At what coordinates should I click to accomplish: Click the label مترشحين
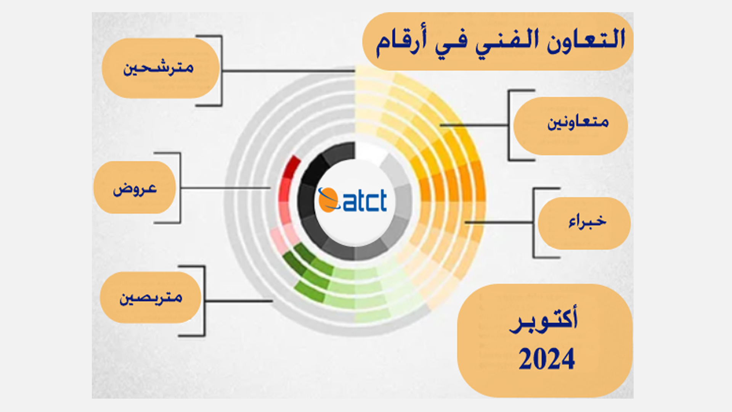point(158,68)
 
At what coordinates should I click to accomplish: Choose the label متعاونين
point(578,122)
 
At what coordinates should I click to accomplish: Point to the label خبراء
point(587,221)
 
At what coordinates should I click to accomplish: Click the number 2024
point(547,359)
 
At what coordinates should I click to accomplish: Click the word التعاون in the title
point(586,40)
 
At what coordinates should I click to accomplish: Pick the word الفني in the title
point(507,42)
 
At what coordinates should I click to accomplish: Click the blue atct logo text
point(365,201)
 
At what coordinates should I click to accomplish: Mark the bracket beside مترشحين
point(221,71)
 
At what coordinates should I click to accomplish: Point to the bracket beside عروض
point(180,188)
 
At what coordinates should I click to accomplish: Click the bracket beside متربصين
point(204,301)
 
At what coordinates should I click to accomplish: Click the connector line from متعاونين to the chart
point(474,125)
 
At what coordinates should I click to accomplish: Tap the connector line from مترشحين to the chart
point(289,71)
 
